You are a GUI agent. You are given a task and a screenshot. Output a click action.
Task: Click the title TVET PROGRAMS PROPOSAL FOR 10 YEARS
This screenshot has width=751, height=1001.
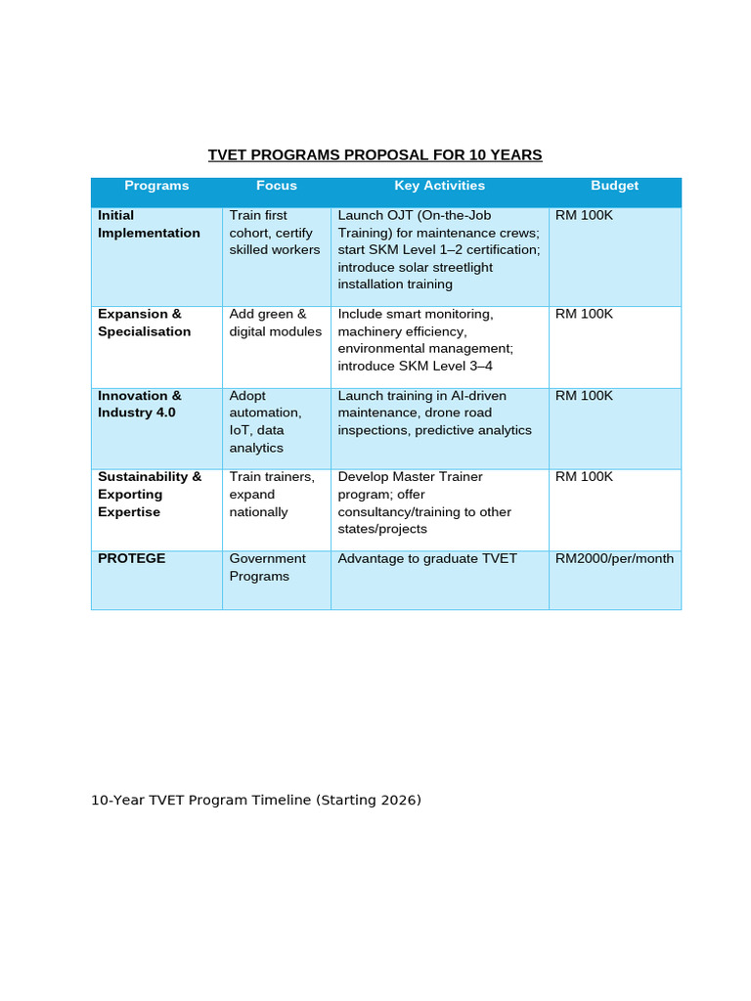(375, 155)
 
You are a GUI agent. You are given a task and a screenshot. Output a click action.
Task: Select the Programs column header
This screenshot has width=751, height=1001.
(156, 186)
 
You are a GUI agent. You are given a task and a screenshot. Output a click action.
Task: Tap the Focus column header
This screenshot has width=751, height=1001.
(277, 186)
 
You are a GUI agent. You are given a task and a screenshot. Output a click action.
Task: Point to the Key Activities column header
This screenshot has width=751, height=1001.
(439, 186)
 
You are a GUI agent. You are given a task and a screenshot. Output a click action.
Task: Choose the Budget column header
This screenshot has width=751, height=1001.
(614, 186)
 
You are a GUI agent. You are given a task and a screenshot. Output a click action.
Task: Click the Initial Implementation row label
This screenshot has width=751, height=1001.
(149, 224)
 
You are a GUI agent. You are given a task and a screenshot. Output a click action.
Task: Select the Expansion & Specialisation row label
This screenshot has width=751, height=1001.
(145, 323)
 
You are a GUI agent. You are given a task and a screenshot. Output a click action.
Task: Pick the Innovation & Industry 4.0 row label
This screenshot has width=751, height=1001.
(140, 404)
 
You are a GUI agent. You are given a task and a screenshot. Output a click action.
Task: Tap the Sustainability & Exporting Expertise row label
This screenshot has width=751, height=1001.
(150, 494)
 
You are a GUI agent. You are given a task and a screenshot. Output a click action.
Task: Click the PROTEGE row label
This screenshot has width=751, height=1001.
(132, 558)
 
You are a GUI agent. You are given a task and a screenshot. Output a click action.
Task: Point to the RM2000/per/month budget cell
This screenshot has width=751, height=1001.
(614, 558)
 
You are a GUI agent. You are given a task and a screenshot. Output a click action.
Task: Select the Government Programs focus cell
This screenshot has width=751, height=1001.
(267, 567)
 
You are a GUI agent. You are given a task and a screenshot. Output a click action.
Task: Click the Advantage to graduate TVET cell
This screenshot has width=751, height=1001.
(427, 558)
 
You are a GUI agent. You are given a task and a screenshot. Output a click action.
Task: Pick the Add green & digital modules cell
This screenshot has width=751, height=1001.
(275, 323)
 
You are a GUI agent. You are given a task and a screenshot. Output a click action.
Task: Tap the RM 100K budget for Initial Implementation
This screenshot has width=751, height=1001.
(584, 215)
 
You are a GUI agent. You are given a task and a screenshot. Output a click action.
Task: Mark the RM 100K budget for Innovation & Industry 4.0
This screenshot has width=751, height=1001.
(584, 396)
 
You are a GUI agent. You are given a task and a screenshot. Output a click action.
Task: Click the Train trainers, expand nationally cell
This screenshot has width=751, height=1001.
(272, 494)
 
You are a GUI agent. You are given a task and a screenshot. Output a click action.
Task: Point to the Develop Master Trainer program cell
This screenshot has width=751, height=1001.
(424, 502)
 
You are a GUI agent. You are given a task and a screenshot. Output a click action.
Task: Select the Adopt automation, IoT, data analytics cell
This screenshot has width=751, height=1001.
(265, 421)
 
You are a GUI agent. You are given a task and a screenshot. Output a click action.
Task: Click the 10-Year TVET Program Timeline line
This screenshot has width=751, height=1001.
(256, 800)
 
